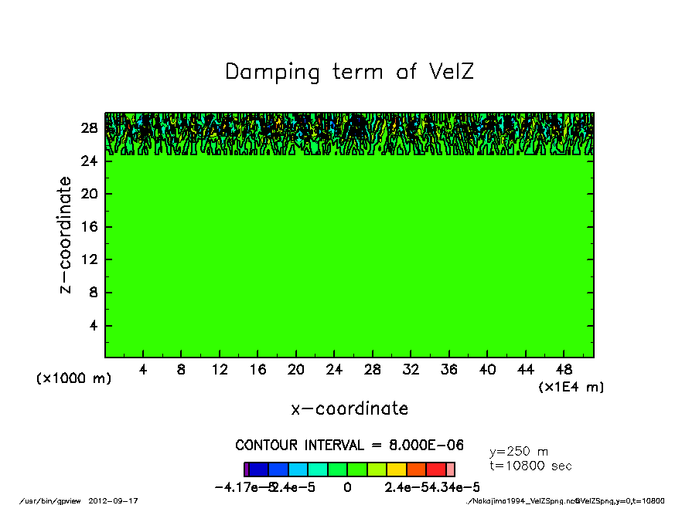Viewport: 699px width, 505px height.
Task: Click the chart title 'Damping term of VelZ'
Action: tap(349, 73)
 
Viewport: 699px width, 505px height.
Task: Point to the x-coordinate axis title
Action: tap(349, 408)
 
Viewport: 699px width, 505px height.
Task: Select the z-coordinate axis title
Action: tap(66, 235)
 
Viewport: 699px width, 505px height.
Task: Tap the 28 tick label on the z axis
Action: tap(90, 128)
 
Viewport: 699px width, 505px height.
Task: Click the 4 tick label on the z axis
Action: tap(93, 326)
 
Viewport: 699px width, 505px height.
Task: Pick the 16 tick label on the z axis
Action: tap(90, 227)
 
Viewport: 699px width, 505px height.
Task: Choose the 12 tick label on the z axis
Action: tap(90, 260)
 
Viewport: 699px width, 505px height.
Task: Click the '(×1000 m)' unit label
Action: tap(74, 379)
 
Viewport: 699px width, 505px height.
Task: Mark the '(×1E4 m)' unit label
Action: tap(571, 387)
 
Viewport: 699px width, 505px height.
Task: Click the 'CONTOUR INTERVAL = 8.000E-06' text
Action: tap(349, 446)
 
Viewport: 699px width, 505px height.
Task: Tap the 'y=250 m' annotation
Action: tap(519, 452)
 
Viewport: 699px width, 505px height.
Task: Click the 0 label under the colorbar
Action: tap(347, 487)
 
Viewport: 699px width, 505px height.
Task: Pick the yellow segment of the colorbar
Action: tap(396, 469)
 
